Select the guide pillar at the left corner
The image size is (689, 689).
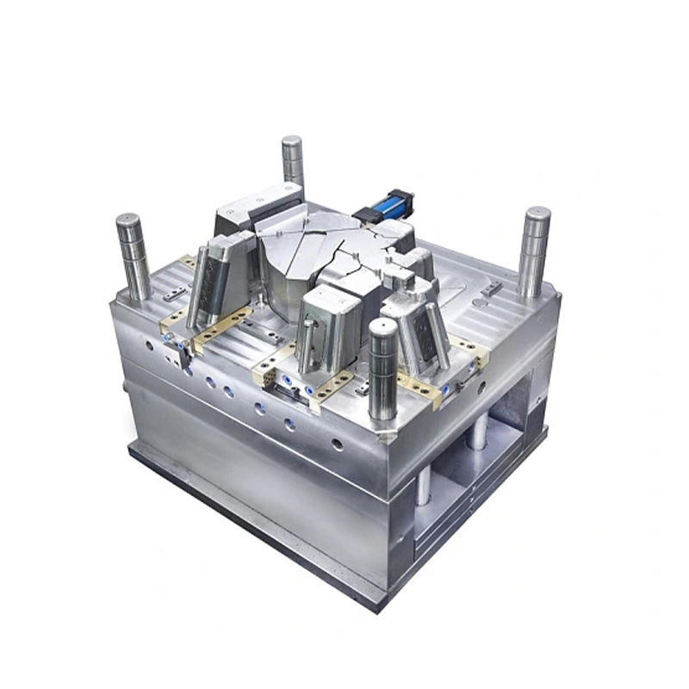click(x=132, y=253)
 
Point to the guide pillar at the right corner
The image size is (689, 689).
click(x=535, y=251)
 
